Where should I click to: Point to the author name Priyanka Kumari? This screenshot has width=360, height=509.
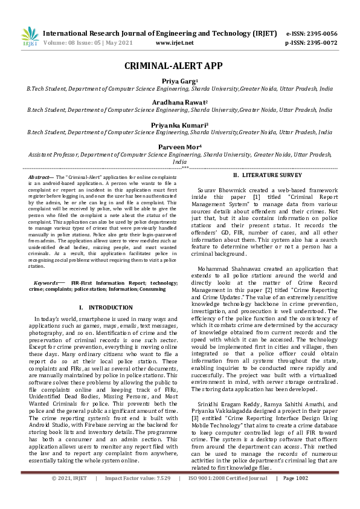[x=179, y=126]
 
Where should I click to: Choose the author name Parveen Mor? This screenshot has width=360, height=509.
[x=179, y=148]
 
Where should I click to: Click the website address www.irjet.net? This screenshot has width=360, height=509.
[x=175, y=43]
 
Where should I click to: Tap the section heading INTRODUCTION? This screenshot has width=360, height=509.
[x=101, y=307]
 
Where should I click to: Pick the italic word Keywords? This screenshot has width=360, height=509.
[x=47, y=282]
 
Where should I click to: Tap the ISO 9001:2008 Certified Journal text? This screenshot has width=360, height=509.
[x=228, y=495]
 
